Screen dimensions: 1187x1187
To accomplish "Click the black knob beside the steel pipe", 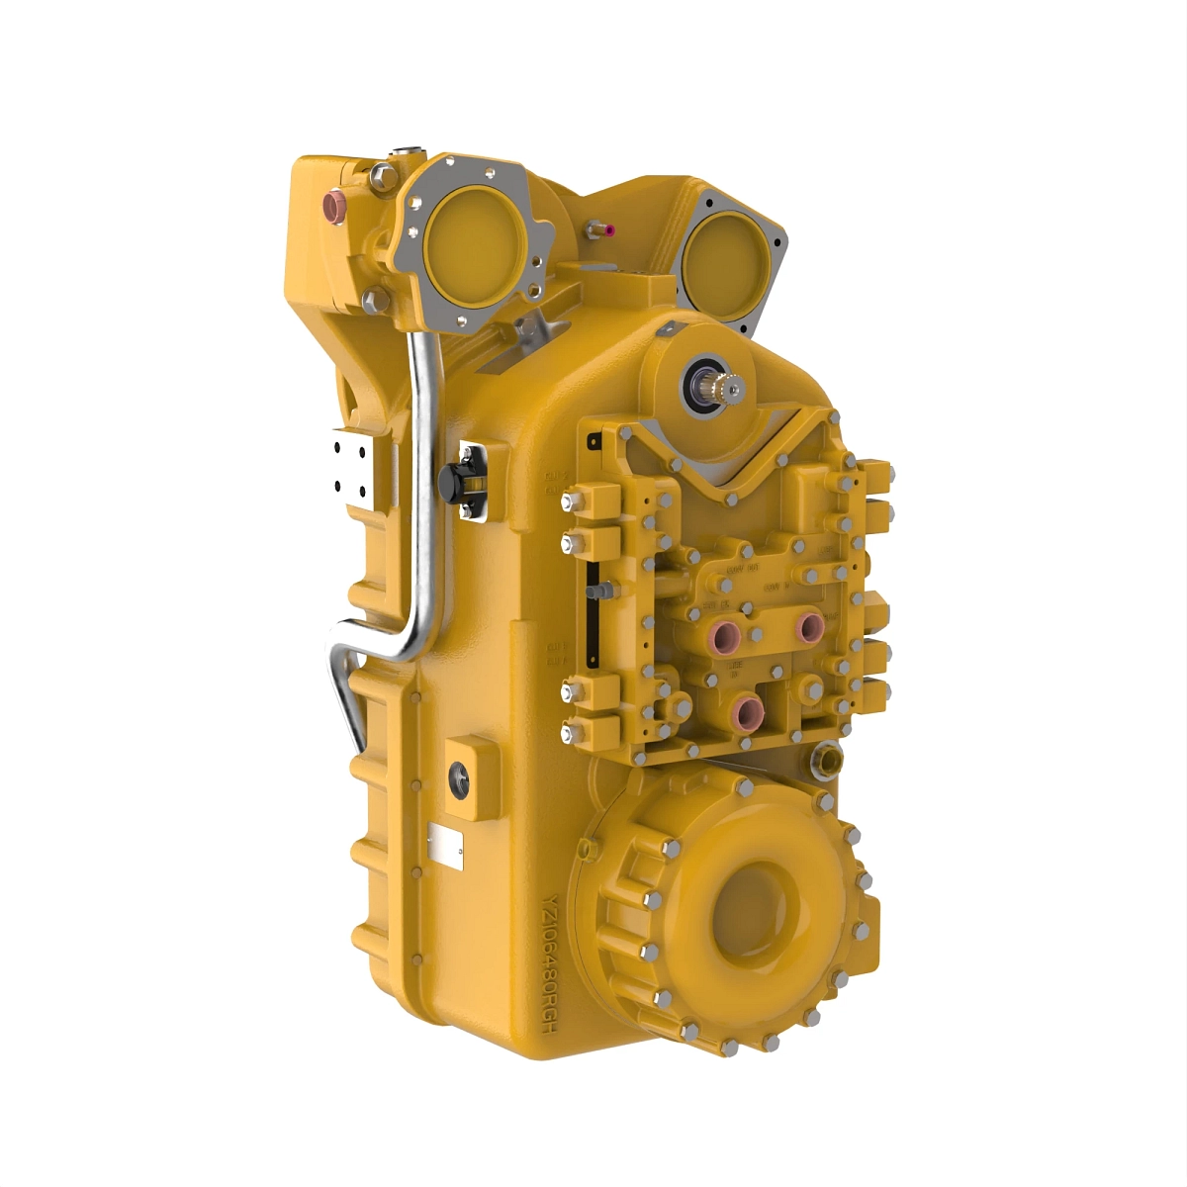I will [452, 482].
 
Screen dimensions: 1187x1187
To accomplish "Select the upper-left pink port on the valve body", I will [730, 633].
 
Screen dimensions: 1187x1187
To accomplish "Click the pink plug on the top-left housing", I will [333, 204].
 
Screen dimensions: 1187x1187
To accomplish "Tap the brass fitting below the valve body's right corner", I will [826, 760].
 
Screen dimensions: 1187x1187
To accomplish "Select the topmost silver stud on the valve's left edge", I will [568, 502].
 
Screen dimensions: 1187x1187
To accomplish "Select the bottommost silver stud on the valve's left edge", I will [568, 733].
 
